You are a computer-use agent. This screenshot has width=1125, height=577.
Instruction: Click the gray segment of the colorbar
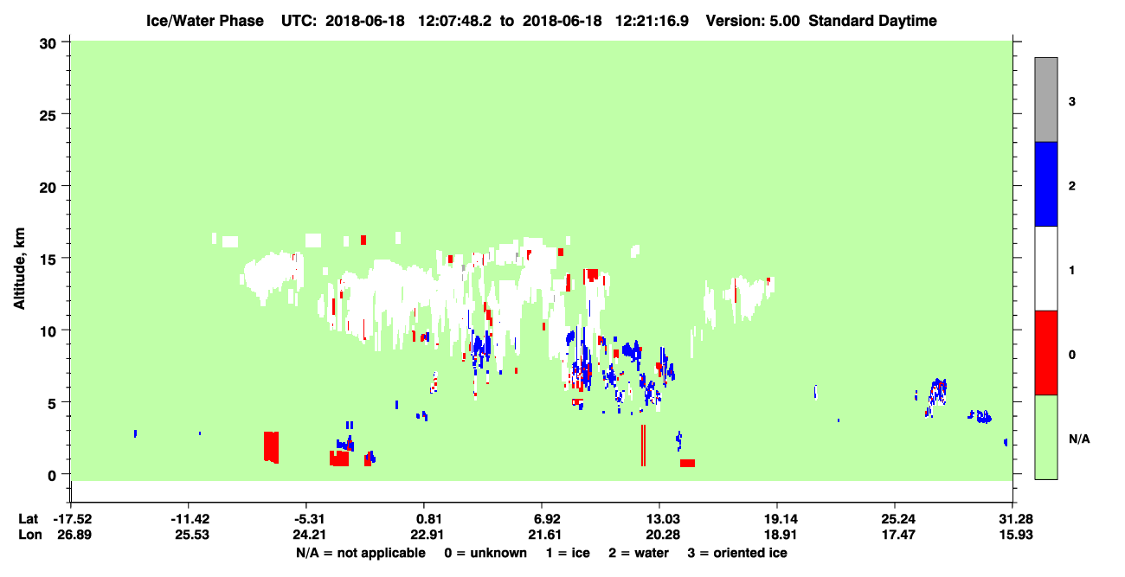tap(1045, 99)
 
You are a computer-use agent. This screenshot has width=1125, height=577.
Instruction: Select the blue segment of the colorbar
tap(1045, 183)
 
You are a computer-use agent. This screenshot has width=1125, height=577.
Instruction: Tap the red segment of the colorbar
tap(1045, 353)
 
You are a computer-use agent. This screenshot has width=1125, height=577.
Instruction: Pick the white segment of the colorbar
tap(1045, 268)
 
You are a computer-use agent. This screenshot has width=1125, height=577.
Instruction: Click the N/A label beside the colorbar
tap(1079, 439)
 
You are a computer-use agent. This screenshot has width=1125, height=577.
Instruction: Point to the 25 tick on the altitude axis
tap(67, 114)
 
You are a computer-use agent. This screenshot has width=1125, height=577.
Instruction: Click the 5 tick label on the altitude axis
tap(52, 403)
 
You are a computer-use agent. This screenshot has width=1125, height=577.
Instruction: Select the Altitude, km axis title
tap(19, 268)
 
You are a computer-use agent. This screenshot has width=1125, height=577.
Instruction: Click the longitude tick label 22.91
tap(427, 535)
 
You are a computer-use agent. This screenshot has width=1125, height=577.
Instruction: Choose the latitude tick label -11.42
tap(190, 519)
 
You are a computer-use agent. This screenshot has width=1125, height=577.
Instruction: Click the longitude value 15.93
tap(1015, 535)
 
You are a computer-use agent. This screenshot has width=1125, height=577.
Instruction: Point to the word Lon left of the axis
tap(30, 535)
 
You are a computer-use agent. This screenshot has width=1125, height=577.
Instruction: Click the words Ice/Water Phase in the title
tap(205, 21)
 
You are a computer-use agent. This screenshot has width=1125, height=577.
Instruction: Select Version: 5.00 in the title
tap(752, 21)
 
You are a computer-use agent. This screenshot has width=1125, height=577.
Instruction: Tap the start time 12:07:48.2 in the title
tap(454, 21)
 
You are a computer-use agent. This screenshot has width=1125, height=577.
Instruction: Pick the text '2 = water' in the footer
tap(639, 553)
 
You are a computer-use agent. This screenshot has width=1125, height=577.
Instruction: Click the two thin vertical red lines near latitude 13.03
tap(643, 446)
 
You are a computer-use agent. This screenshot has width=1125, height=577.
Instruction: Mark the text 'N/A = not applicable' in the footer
tap(361, 553)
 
